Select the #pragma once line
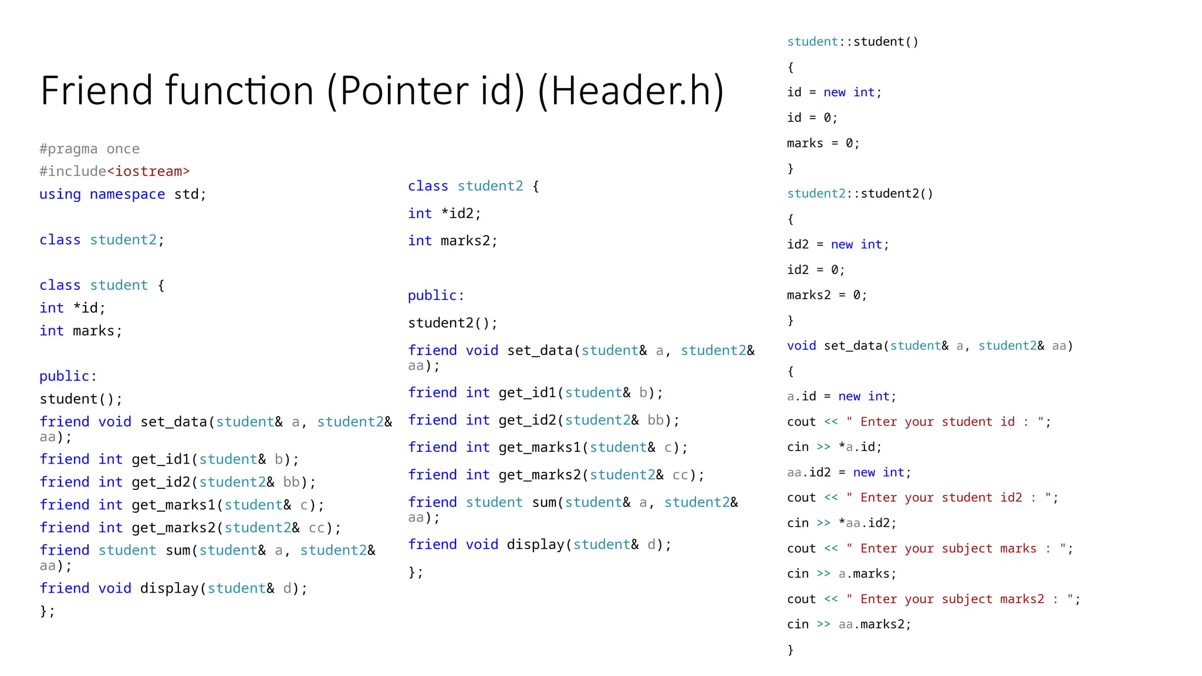pos(89,149)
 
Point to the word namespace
pos(127,194)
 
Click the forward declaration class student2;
pos(102,240)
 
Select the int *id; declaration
pos(72,308)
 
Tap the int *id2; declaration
pos(444,214)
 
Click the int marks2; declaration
pos(453,241)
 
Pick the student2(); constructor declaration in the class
pos(453,323)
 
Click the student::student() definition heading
pos(852,42)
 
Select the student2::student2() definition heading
pos(860,194)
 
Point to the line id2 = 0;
pos(815,270)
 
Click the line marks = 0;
pos(823,143)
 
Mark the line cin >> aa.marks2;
pos(849,624)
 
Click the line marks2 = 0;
pos(826,295)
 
